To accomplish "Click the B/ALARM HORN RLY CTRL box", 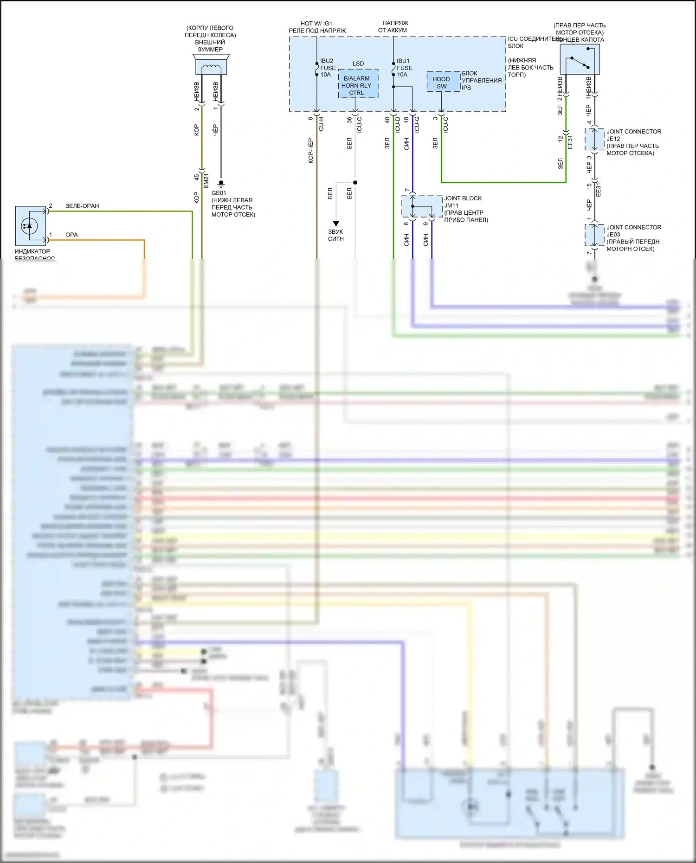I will (356, 85).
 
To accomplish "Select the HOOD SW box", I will (441, 83).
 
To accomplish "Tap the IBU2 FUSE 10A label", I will (328, 68).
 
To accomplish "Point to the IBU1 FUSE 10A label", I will (404, 68).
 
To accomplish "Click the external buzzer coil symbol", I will (211, 67).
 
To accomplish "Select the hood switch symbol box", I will (580, 60).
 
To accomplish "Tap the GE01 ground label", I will (219, 193).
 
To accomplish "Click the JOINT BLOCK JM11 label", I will (463, 202).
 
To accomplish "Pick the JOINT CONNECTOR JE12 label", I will (633, 135).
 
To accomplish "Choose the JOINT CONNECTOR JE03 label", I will (633, 230).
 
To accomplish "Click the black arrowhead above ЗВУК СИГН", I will (336, 224).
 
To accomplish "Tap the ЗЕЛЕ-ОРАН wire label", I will (82, 206).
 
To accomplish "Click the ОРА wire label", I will (71, 235).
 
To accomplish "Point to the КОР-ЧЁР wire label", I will (310, 150).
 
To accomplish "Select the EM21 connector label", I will (206, 180).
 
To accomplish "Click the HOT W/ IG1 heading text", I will (316, 23).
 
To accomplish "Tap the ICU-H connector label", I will (321, 124).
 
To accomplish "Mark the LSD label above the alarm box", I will (358, 64).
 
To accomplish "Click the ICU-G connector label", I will (417, 124).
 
